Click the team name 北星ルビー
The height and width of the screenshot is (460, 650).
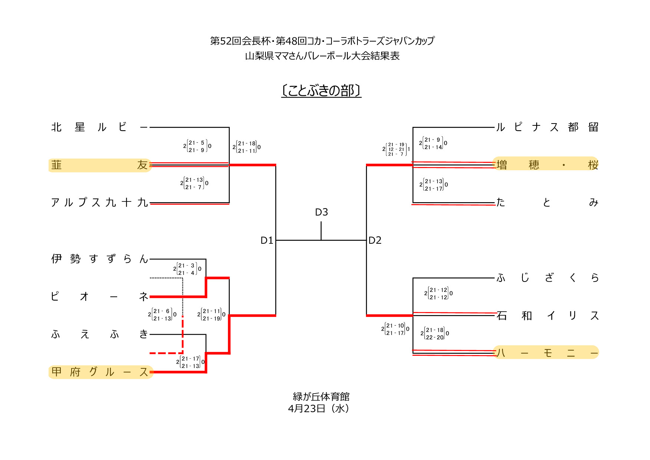coord(99,127)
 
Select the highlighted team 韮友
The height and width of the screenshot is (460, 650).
coord(100,165)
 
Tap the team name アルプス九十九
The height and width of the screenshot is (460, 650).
coord(99,203)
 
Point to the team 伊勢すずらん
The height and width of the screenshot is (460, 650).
coord(99,259)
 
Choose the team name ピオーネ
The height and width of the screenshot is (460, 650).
coord(99,296)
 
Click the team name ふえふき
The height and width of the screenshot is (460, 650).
coord(99,334)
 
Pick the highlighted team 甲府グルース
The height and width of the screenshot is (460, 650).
coord(100,372)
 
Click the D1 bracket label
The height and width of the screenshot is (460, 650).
coord(267,240)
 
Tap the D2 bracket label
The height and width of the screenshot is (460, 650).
coord(375,240)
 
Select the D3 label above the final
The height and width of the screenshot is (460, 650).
coord(321,212)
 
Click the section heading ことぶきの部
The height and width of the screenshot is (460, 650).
coord(321,91)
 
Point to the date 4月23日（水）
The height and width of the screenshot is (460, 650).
coord(319,409)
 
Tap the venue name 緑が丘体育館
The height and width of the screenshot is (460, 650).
coord(321,397)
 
